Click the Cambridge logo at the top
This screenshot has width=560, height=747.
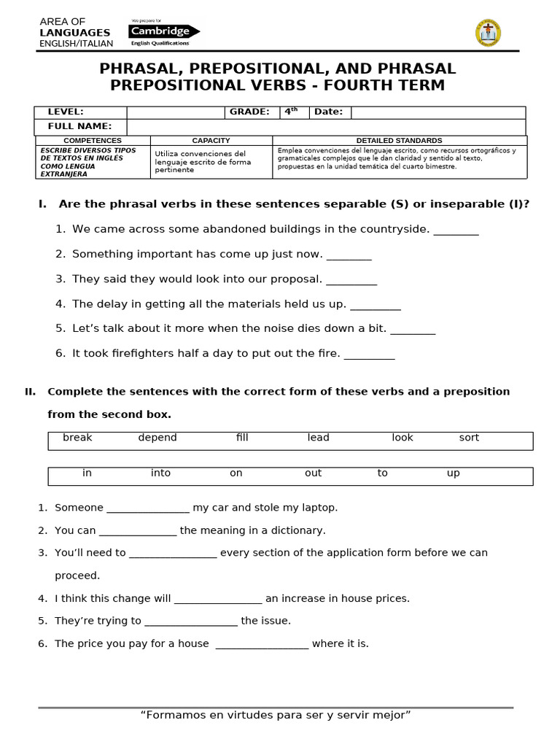(x=163, y=32)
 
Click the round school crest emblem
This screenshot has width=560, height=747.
(x=488, y=33)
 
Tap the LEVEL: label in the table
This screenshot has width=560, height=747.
(x=66, y=112)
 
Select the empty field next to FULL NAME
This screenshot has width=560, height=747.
(x=326, y=127)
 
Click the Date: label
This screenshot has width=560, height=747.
(x=329, y=112)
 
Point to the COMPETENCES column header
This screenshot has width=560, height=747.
(x=93, y=140)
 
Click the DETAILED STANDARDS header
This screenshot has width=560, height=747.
(x=399, y=140)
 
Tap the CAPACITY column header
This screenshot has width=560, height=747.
(x=211, y=140)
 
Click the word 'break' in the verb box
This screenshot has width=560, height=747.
(x=77, y=438)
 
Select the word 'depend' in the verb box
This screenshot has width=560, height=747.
(x=157, y=438)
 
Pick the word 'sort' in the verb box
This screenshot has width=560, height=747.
(x=469, y=438)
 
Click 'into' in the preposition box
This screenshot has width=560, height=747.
(x=160, y=473)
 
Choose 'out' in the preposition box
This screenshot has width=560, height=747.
(x=313, y=473)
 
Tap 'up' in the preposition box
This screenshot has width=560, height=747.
(x=453, y=473)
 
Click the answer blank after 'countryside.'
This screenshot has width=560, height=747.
(x=456, y=232)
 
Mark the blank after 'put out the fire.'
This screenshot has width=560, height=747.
(x=369, y=356)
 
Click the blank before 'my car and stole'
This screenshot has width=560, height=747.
(x=148, y=510)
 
